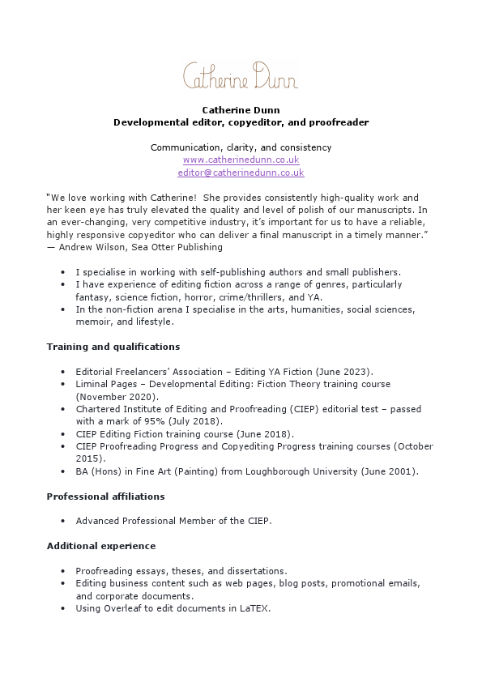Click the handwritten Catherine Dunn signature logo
point(241,75)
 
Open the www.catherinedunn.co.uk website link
point(241,160)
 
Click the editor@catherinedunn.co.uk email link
point(241,173)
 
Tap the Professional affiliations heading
point(105,497)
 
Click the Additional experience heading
point(101,546)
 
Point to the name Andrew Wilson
point(87,247)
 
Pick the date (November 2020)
point(117,397)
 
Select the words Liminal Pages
point(104,384)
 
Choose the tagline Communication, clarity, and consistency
point(241,147)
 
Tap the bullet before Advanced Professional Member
point(64,522)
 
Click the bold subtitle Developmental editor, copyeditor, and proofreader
point(241,122)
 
